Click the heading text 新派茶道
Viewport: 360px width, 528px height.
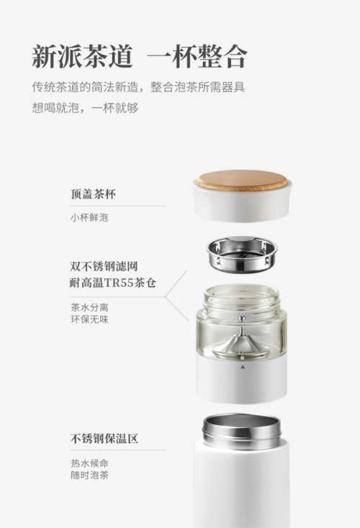tap(82, 56)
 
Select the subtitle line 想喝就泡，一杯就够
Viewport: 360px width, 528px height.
tap(85, 108)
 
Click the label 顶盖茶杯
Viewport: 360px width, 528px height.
tap(94, 194)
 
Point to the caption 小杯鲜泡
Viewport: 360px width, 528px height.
tap(89, 217)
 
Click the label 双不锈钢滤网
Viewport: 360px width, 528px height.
tap(104, 266)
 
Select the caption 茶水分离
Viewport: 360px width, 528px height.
tap(90, 307)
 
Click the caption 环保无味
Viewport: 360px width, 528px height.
tap(90, 319)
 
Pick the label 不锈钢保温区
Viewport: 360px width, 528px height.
tap(104, 438)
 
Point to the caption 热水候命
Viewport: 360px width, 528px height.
tap(90, 463)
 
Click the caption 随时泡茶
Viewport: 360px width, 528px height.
tap(90, 475)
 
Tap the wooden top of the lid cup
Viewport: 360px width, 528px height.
tap(242, 181)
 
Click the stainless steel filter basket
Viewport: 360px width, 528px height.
tap(242, 255)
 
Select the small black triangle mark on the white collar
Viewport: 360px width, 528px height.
tap(242, 367)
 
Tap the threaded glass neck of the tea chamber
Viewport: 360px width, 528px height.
tap(241, 298)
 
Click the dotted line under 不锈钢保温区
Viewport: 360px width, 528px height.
tap(117, 450)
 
